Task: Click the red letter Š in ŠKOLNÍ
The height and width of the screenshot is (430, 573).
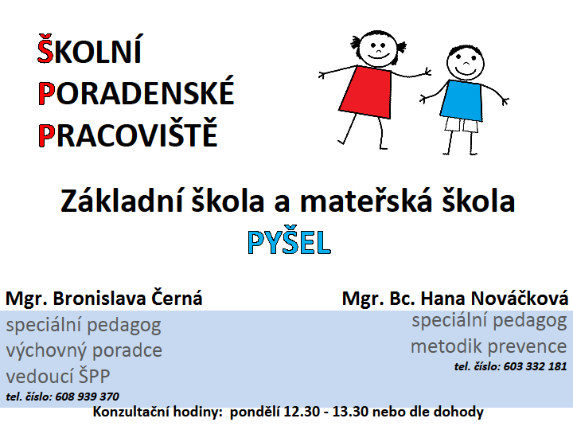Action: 45,49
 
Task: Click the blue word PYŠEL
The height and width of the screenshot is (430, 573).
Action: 290,242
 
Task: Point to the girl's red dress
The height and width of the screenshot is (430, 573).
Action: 366,92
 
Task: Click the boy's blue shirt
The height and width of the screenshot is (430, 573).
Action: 461,100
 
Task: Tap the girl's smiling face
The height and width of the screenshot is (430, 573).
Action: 377,49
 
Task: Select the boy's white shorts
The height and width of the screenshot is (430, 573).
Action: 461,125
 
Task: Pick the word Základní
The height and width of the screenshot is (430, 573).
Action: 121,201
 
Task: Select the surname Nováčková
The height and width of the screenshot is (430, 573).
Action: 519,298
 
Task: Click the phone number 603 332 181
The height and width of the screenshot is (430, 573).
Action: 535,366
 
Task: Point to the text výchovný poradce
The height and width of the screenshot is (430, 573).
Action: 84,350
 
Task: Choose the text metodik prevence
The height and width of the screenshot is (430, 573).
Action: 489,346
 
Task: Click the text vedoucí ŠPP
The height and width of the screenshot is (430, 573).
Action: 58,376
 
